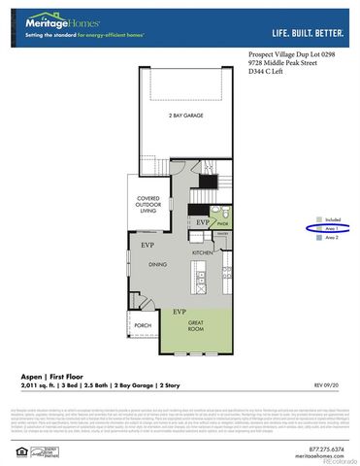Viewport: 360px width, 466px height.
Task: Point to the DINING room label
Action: pyautogui.click(x=158, y=263)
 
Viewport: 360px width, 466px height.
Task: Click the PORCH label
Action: pyautogui.click(x=143, y=325)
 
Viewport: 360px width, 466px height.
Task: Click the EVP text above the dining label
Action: pyautogui.click(x=147, y=246)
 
